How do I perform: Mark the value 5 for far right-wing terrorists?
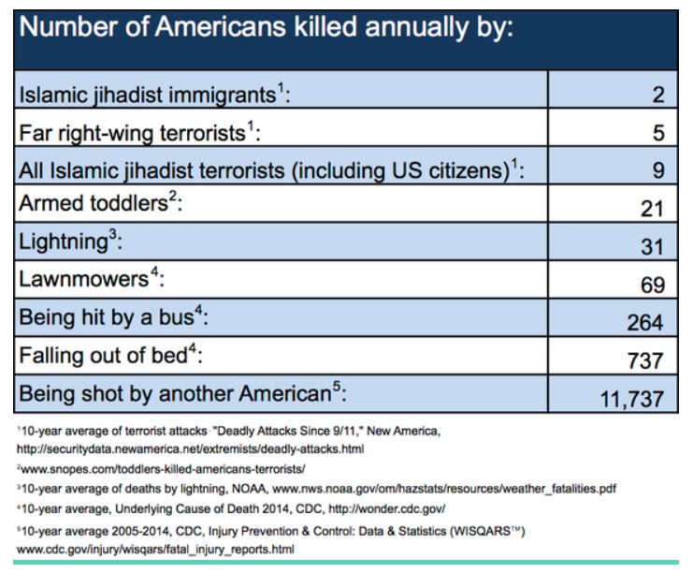(658, 133)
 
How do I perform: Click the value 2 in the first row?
(658, 95)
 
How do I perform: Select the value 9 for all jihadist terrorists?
(658, 170)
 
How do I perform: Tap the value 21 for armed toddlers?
(653, 210)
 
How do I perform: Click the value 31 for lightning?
(653, 247)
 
